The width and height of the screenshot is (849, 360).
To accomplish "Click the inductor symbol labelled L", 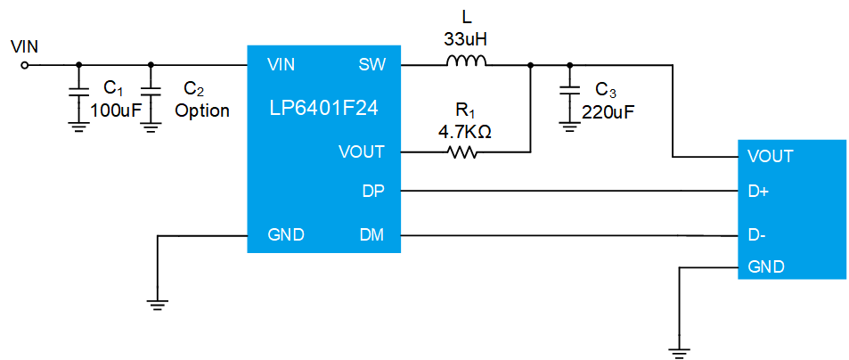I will [466, 61].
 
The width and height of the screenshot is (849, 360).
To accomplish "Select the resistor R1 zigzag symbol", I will [463, 152].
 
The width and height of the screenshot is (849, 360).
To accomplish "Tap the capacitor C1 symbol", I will [78, 92].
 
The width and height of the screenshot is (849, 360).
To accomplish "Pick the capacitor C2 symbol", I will [151, 92].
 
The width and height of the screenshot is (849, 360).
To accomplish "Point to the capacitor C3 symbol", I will [569, 92].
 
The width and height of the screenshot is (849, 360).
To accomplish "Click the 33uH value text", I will [465, 39].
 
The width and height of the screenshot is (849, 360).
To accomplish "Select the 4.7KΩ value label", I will [465, 131].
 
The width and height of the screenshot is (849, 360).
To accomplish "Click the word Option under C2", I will [202, 110].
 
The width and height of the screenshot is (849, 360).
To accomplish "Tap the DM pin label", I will [371, 235].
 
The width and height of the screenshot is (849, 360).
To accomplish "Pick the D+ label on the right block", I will [760, 191].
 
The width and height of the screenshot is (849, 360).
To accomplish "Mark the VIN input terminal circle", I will [25, 64].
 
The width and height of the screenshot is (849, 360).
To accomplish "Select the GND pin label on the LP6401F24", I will [286, 235].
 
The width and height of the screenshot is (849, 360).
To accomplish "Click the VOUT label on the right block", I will [771, 157].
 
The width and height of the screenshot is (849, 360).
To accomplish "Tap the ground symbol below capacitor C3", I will [569, 127].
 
